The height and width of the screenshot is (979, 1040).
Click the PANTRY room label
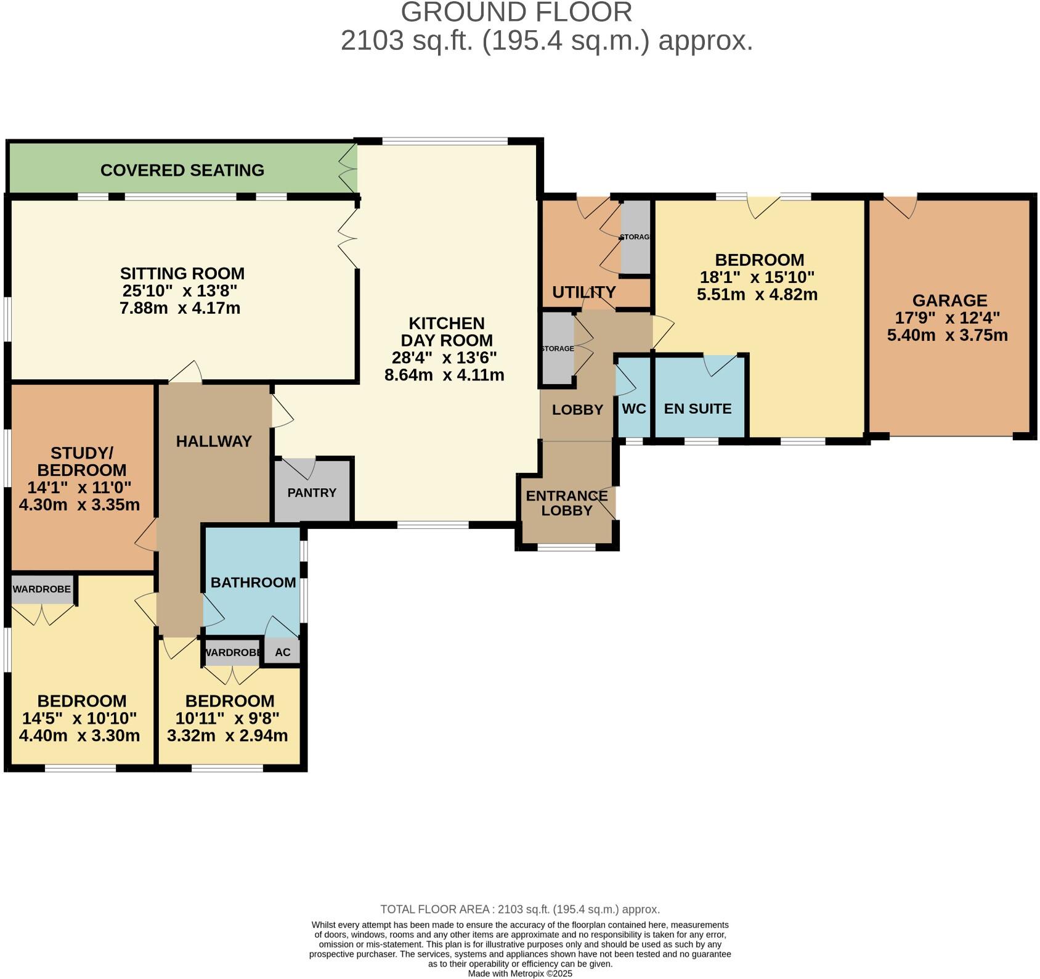312,493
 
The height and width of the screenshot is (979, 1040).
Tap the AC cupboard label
283,652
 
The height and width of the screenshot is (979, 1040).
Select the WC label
634,409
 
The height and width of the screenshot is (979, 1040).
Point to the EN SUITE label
698,409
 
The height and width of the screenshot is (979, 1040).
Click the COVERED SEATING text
182,170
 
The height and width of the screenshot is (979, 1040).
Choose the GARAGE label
950,301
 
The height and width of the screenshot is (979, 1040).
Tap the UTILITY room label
584,292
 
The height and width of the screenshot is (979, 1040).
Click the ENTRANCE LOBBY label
567,503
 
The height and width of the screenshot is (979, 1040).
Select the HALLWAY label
214,441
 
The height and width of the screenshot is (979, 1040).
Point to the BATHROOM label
253,583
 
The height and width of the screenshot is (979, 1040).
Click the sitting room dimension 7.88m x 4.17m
180,308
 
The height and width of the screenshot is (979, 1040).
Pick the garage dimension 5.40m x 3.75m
948,335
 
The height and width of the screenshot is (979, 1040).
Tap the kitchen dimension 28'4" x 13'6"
444,358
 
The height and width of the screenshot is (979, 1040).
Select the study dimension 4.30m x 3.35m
79,505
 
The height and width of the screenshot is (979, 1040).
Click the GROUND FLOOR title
516,12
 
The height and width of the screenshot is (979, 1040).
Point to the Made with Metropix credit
520,974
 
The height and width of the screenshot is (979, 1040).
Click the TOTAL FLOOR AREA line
520,909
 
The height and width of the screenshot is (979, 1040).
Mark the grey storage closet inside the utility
635,237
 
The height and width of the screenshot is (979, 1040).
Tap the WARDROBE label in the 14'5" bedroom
42,589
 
